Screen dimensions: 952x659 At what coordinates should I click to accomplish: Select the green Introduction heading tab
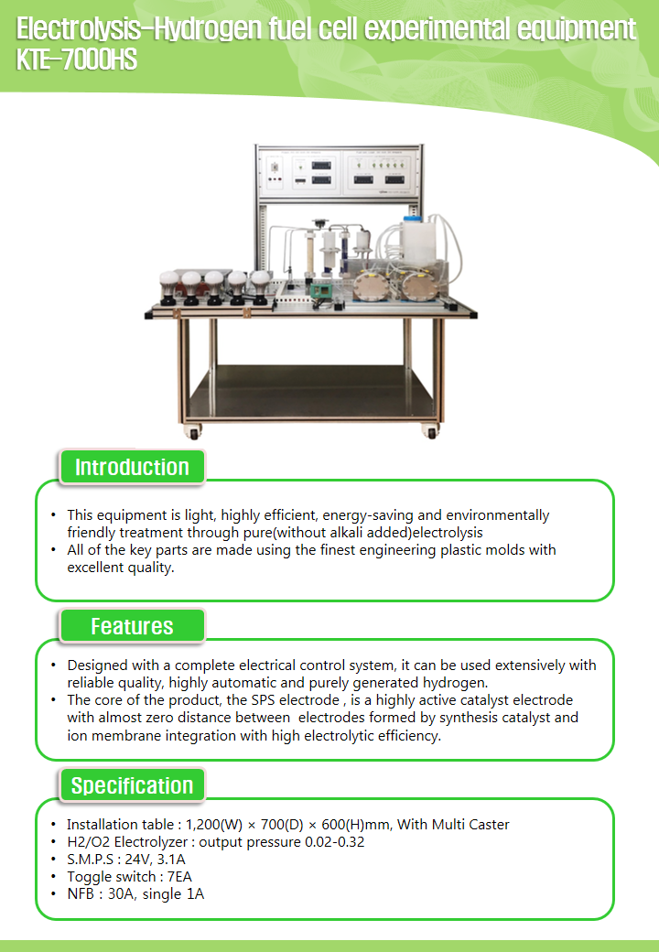click(132, 467)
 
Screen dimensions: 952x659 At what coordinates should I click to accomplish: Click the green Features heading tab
click(132, 626)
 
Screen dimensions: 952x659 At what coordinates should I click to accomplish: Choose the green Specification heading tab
click(132, 785)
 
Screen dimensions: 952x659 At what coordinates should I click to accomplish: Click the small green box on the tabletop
click(321, 289)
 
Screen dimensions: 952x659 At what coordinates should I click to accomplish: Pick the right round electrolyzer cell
click(419, 285)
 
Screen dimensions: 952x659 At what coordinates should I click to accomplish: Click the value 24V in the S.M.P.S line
click(149, 860)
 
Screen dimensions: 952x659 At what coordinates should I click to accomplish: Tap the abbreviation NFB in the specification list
click(81, 894)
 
